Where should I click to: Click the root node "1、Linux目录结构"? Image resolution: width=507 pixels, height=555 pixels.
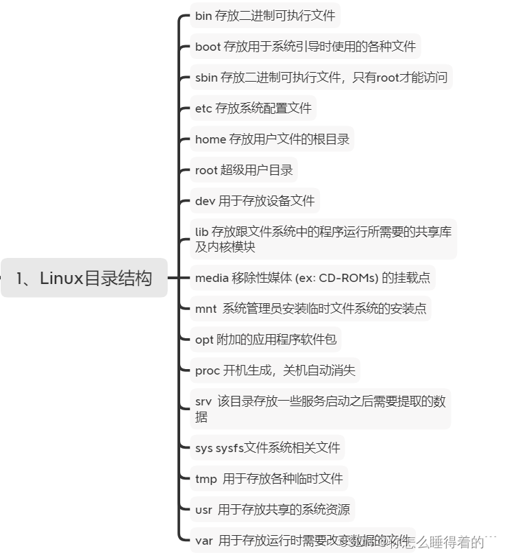pyautogui.click(x=84, y=278)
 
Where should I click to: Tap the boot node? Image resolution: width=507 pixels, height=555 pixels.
pyautogui.click(x=305, y=47)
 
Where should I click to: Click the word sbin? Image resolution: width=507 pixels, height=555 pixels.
pyautogui.click(x=206, y=78)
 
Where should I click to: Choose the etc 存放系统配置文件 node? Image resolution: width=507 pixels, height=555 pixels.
pyautogui.click(x=253, y=108)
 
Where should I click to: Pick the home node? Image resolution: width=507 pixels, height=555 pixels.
pyautogui.click(x=272, y=139)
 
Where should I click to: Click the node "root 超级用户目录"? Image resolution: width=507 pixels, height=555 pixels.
pyautogui.click(x=244, y=170)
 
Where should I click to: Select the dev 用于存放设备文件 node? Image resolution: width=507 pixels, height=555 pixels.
pyautogui.click(x=254, y=201)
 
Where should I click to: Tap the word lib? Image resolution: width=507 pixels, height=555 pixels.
pyautogui.click(x=201, y=232)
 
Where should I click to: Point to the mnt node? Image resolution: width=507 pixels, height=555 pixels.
pyautogui.click(x=310, y=309)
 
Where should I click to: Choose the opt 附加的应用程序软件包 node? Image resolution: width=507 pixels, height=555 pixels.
pyautogui.click(x=265, y=340)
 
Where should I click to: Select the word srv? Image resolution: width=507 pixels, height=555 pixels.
pyautogui.click(x=203, y=401)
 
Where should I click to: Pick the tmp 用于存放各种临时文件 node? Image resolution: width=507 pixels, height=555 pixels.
pyautogui.click(x=269, y=478)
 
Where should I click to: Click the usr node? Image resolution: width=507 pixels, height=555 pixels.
pyautogui.click(x=272, y=509)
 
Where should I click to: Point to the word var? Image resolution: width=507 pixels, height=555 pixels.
pyautogui.click(x=203, y=541)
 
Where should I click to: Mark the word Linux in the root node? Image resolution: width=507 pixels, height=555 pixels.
pyautogui.click(x=62, y=278)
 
